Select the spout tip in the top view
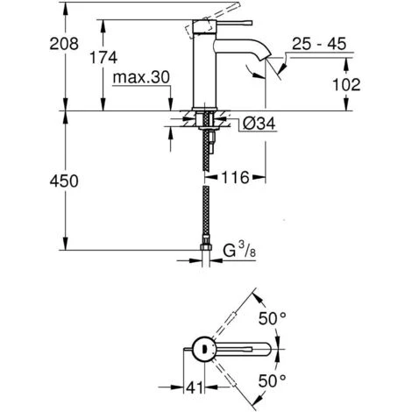tap(268, 349)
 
